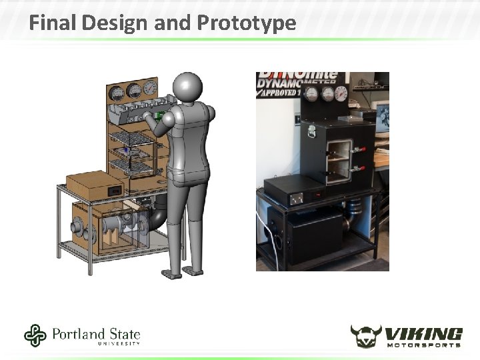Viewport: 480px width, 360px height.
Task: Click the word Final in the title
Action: click(53, 23)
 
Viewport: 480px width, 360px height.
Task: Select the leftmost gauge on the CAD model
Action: click(117, 92)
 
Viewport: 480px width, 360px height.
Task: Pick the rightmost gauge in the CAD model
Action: click(150, 87)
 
